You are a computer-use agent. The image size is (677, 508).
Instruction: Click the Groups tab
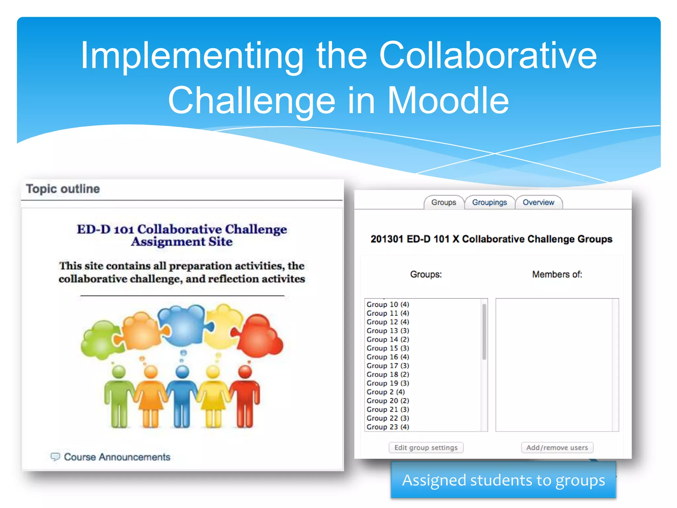[x=443, y=202]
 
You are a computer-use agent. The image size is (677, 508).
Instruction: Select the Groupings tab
[x=489, y=202]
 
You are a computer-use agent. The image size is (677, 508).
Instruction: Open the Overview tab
[x=538, y=202]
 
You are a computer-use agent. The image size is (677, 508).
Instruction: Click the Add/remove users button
[x=557, y=447]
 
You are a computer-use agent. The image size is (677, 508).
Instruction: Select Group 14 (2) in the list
[x=388, y=339]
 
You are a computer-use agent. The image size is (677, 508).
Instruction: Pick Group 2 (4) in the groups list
[x=385, y=392]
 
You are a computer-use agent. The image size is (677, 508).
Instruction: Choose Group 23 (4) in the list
[x=388, y=427]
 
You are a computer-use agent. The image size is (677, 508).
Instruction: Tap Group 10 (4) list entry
[x=388, y=304]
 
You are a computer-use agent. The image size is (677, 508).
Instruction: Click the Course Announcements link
[x=117, y=457]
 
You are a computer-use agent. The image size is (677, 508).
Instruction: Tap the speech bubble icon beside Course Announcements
[x=55, y=457]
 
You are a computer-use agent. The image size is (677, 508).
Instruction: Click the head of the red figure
[x=245, y=372]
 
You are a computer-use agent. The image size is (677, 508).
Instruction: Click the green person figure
[x=118, y=397]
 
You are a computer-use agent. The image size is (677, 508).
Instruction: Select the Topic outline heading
[x=63, y=189]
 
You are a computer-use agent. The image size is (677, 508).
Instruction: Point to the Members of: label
[x=557, y=275]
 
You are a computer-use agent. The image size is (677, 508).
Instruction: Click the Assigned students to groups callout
[x=503, y=480]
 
